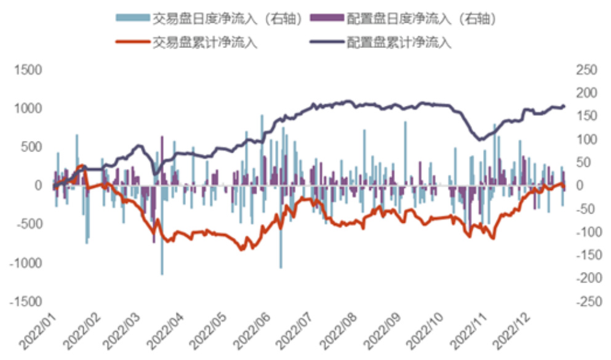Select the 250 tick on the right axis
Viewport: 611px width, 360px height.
point(586,70)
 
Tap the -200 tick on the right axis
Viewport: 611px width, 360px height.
point(586,279)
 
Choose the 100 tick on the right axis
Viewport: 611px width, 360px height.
point(586,139)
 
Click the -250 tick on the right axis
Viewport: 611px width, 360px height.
point(586,302)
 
